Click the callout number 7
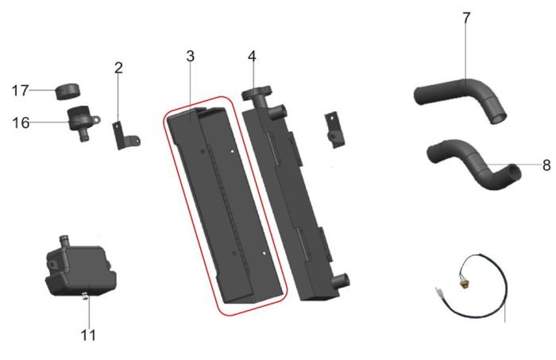[x=466, y=18]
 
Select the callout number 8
[x=546, y=165]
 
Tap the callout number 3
[x=191, y=56]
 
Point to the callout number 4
[x=252, y=56]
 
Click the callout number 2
[x=118, y=68]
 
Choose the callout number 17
[x=20, y=91]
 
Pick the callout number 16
[x=21, y=123]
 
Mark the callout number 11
[x=88, y=335]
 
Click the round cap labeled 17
[x=68, y=91]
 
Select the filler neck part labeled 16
[x=82, y=122]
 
